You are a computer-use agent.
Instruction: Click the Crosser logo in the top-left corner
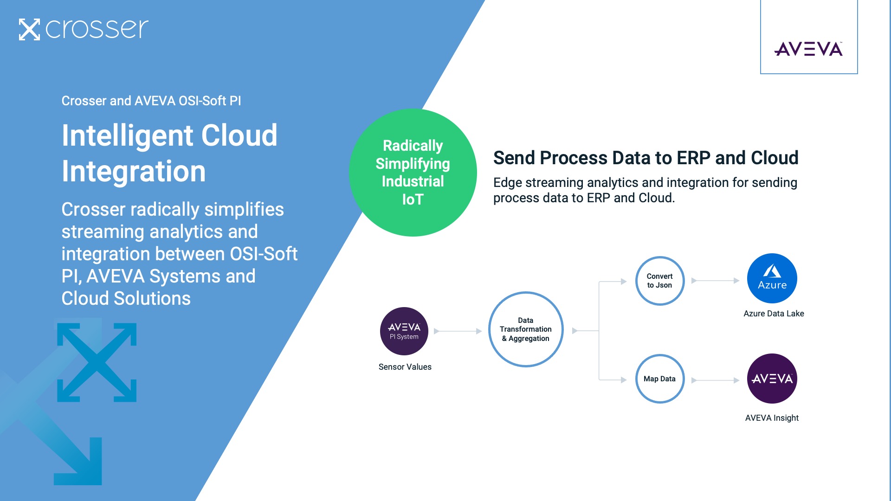point(84,29)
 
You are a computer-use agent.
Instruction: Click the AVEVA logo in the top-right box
point(808,49)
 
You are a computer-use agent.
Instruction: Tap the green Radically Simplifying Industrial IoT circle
point(413,173)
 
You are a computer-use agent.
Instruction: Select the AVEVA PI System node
point(404,331)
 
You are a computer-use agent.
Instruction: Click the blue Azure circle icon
point(772,278)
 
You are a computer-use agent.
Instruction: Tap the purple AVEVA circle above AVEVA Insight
point(772,379)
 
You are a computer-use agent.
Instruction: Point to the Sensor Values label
point(405,367)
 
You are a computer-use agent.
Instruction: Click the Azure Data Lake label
point(774,314)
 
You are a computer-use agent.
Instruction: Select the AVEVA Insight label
point(772,418)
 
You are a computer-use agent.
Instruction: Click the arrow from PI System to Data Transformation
point(458,331)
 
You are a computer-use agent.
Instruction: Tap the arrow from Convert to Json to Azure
point(715,281)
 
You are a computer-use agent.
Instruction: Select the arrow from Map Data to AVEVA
point(715,380)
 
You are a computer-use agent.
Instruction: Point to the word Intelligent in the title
point(128,136)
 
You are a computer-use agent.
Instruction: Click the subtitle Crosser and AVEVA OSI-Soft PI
point(151,101)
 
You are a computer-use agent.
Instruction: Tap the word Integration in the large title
point(134,171)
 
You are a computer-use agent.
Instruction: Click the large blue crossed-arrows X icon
point(97,362)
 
